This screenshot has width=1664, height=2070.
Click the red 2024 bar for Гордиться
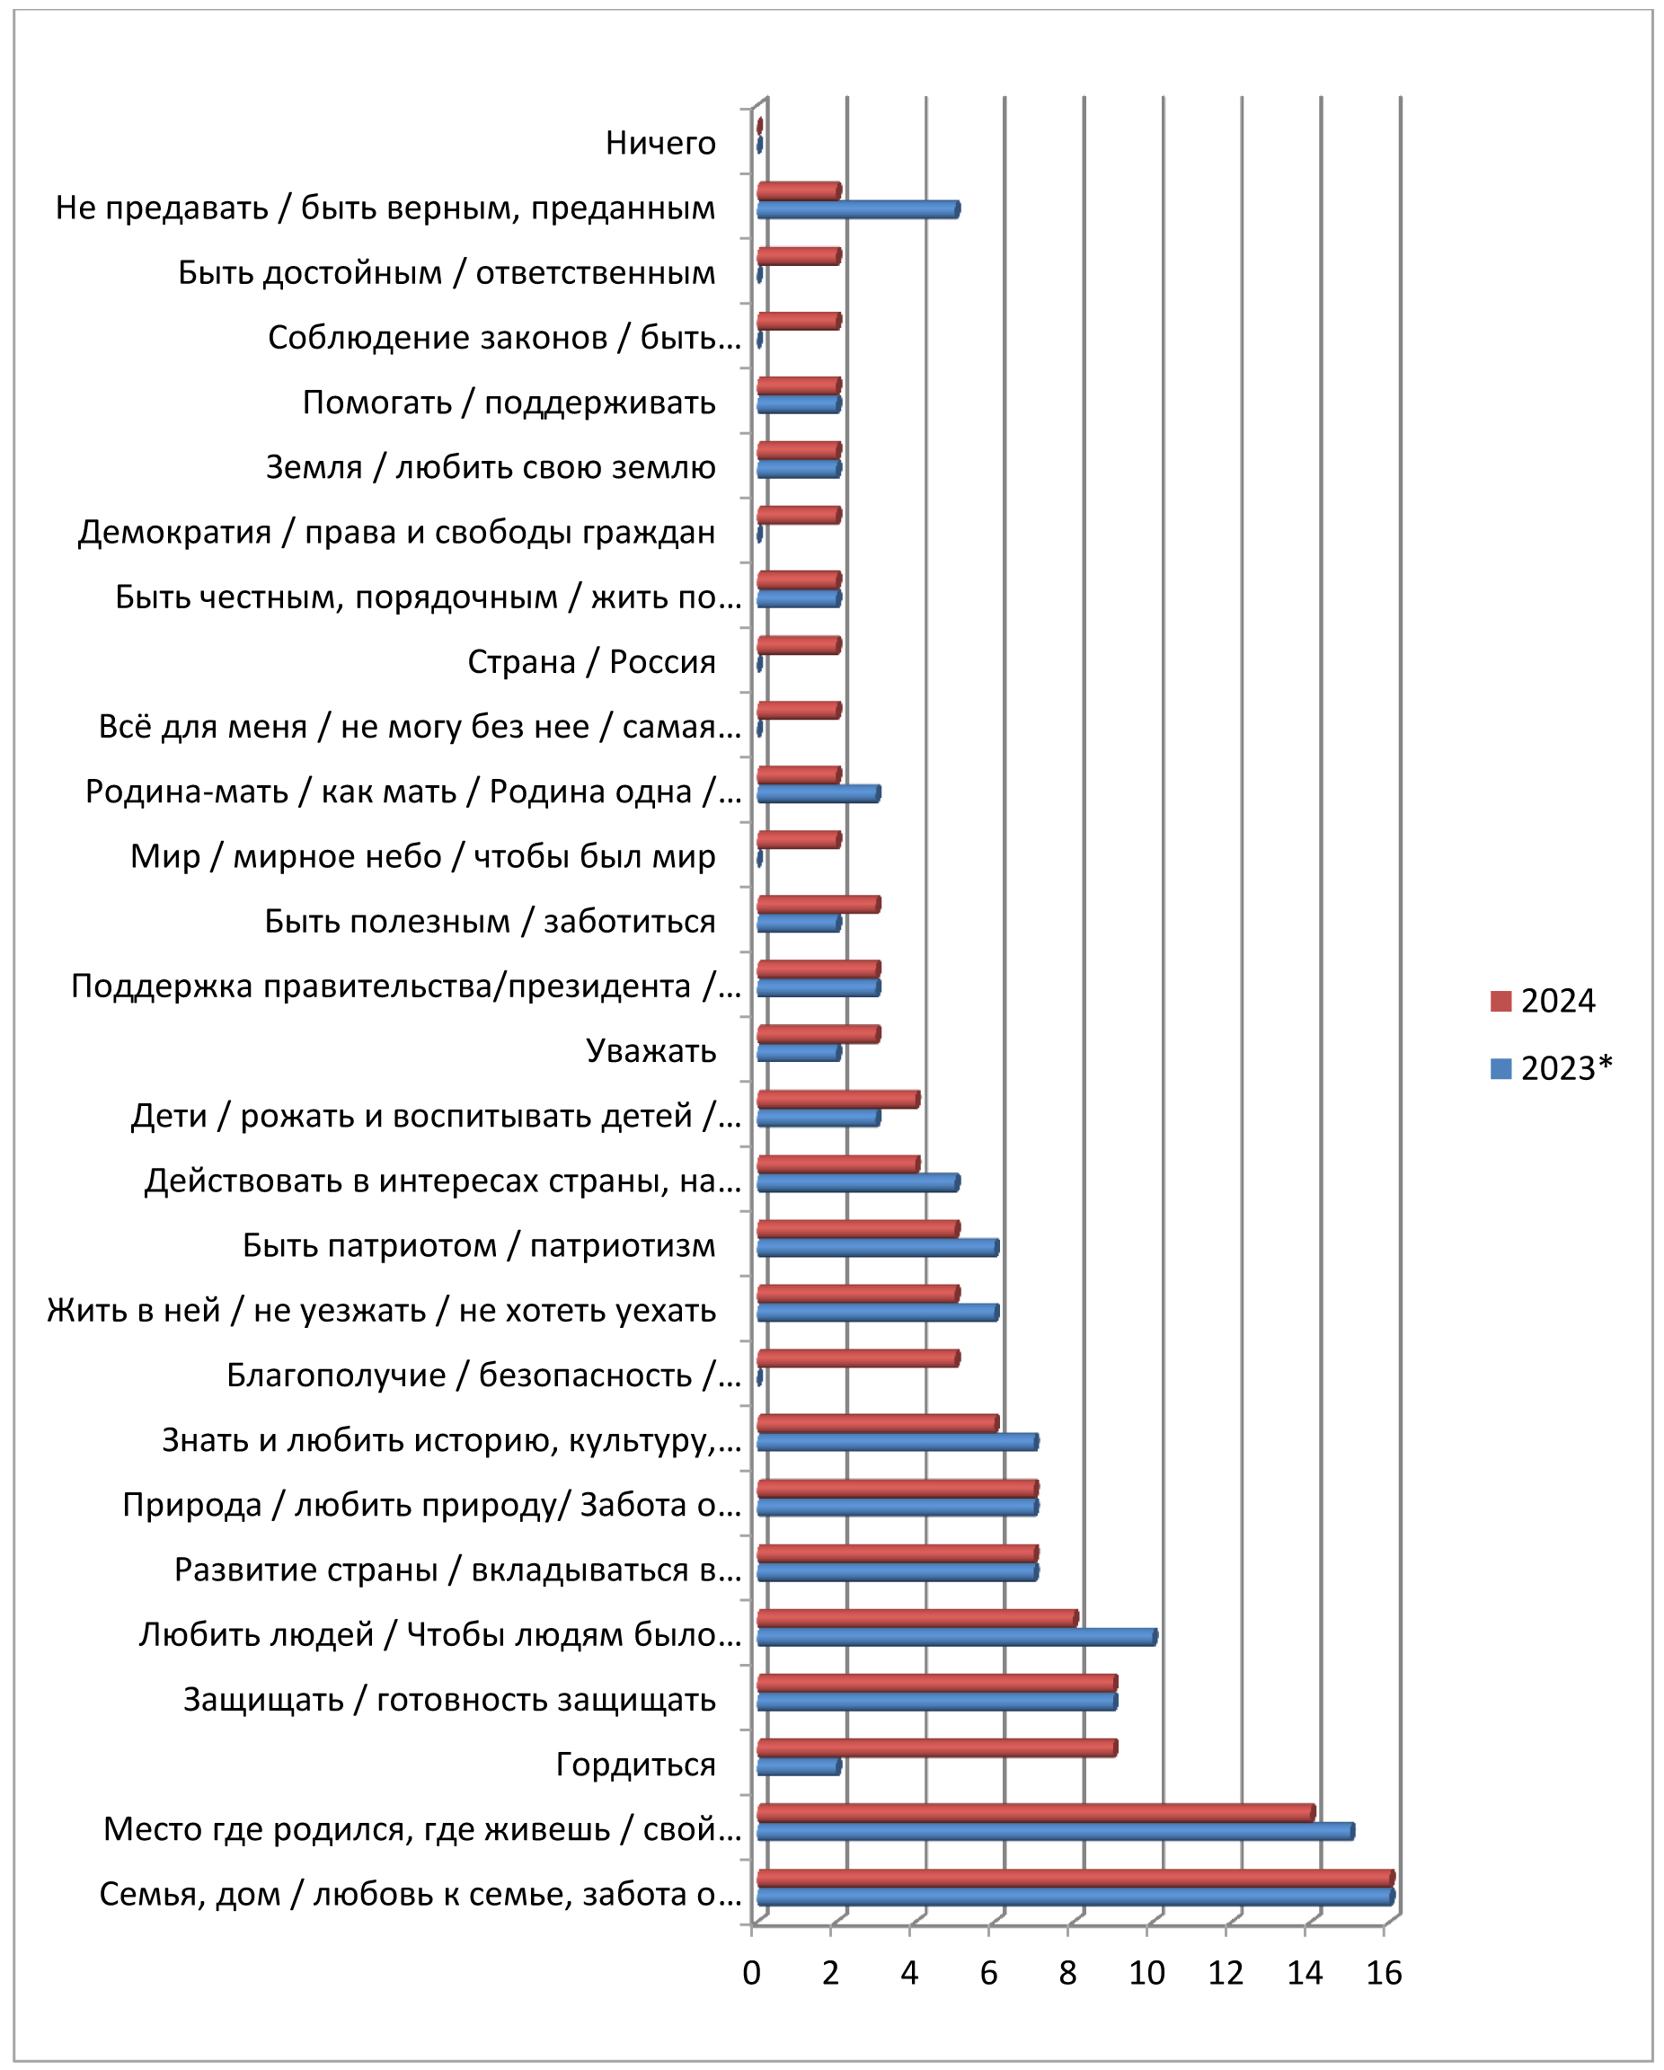pos(936,1747)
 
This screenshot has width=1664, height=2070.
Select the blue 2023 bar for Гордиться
pos(798,1766)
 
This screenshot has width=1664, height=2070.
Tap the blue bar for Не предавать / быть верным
pos(857,209)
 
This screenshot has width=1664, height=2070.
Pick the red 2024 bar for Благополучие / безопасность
pos(857,1358)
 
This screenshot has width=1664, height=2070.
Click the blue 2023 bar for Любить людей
pos(956,1637)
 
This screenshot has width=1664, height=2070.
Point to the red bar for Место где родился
pos(1035,1813)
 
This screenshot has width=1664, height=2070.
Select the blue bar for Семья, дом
pos(1075,1897)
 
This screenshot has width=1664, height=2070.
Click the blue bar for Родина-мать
pos(819,793)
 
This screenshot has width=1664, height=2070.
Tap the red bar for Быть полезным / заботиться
pos(819,905)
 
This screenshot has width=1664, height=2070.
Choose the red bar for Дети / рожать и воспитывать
pos(837,1100)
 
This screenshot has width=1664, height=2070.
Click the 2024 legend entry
pos(1542,1002)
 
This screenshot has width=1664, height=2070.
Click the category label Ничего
pos(660,143)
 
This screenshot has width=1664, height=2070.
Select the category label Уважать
pos(651,1051)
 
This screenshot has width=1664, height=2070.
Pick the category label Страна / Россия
pos(591,662)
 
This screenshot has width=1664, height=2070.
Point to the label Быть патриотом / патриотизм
pos(479,1246)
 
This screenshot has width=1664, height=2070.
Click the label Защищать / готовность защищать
pos(449,1701)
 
